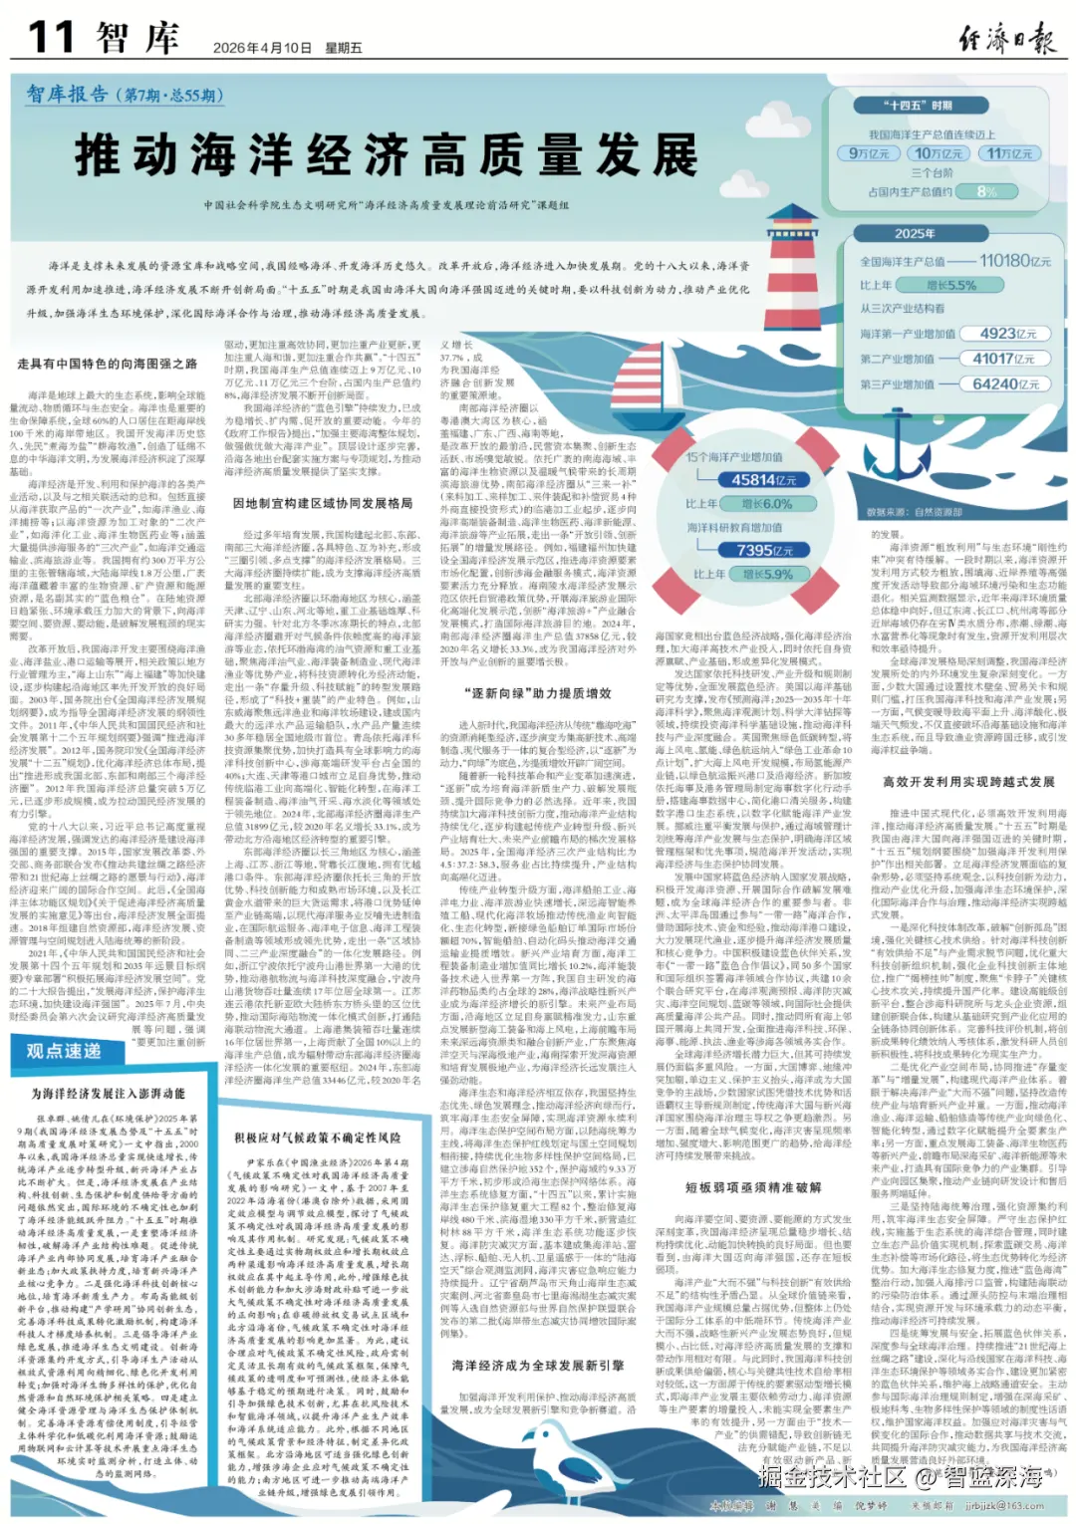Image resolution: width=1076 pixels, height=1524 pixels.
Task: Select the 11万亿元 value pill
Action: point(1010,153)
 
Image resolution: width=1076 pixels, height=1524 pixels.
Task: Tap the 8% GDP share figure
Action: point(986,191)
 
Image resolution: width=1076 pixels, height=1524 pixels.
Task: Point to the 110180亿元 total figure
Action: point(1015,261)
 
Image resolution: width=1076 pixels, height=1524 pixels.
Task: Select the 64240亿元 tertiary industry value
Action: point(1005,383)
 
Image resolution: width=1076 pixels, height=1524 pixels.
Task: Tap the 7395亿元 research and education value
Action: point(765,550)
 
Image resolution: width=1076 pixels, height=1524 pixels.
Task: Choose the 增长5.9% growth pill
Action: point(767,575)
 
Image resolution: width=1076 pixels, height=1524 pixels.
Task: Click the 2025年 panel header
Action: point(915,234)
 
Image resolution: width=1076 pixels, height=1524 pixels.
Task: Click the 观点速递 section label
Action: point(64,1051)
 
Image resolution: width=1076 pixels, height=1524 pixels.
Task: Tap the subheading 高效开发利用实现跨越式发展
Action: point(968,782)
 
